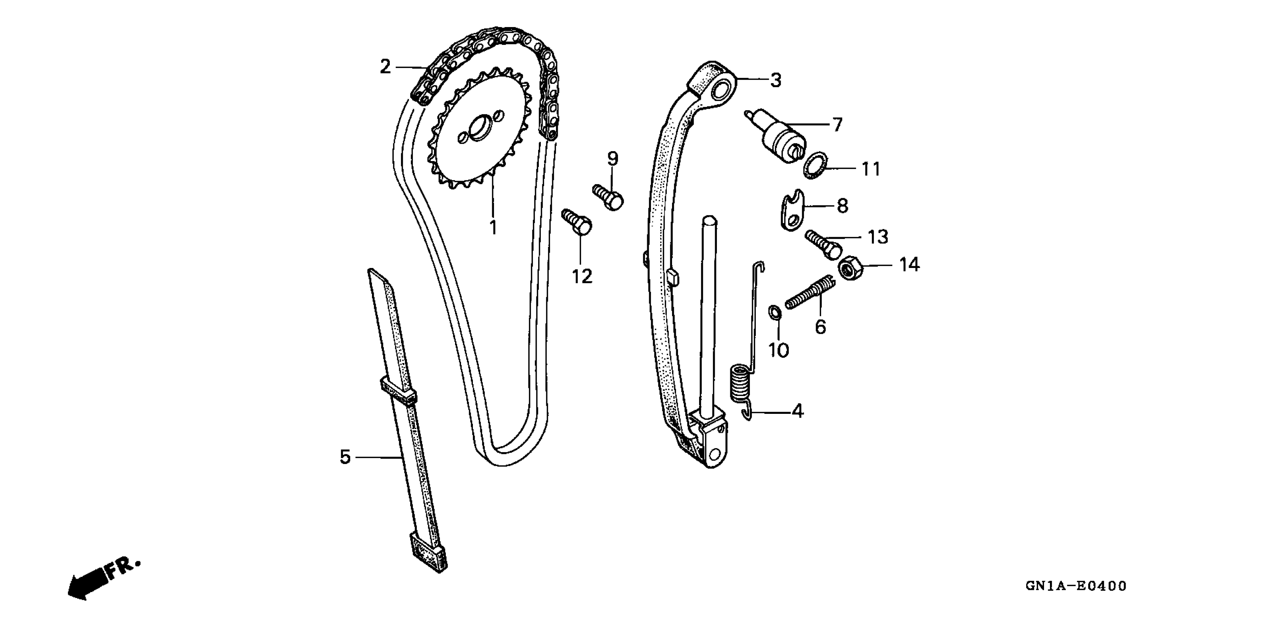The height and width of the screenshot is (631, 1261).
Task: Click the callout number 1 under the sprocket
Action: [493, 228]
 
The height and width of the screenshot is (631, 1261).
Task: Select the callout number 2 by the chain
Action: [386, 67]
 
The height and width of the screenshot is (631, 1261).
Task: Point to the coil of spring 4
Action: [739, 383]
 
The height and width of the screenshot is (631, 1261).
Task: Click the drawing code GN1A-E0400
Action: [1076, 586]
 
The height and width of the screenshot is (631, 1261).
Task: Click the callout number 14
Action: [909, 265]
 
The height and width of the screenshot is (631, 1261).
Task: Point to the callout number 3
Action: [776, 80]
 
